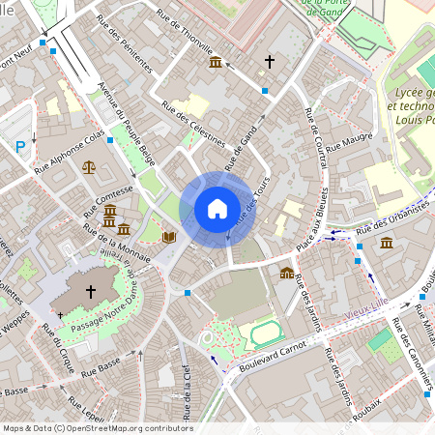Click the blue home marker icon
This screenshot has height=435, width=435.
(217, 208)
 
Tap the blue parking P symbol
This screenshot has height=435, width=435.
(20, 147)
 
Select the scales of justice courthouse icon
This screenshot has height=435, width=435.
(90, 166)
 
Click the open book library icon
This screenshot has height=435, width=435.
(169, 236)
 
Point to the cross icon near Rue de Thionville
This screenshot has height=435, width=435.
(270, 61)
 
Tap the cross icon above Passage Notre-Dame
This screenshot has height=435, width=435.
(91, 290)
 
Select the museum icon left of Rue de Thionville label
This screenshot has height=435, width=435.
(215, 63)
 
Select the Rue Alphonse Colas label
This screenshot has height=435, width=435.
(69, 153)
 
